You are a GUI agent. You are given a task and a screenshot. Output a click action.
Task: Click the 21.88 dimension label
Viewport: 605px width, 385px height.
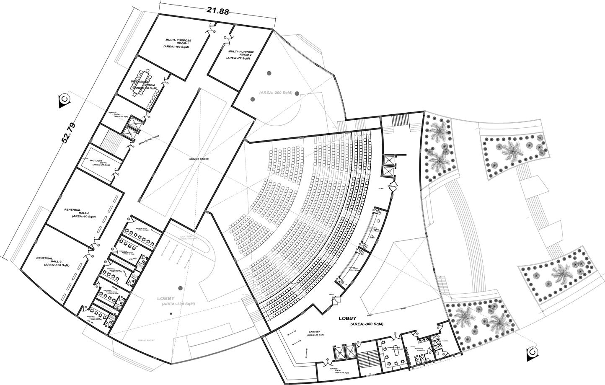(x=217, y=11)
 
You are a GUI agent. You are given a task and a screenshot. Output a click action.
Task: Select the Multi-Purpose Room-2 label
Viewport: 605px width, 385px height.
(x=240, y=54)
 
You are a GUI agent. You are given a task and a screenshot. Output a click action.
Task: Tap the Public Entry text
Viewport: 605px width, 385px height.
(x=146, y=340)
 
